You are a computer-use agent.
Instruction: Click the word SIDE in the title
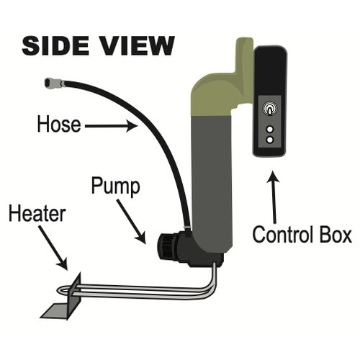(x=56, y=45)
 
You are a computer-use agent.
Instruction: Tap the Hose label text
(x=59, y=124)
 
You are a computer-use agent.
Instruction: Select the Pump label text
(x=115, y=187)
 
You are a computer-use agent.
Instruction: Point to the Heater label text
(x=37, y=213)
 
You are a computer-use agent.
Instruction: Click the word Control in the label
(x=283, y=235)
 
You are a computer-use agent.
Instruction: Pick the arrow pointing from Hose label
(x=111, y=126)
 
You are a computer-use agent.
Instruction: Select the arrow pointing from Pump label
(x=131, y=222)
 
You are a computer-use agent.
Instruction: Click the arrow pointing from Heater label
(x=53, y=248)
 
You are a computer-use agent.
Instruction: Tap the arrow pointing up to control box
(x=274, y=197)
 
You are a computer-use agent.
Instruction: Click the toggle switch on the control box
(x=270, y=109)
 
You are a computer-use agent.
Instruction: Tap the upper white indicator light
(x=270, y=129)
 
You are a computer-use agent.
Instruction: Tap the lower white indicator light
(x=270, y=140)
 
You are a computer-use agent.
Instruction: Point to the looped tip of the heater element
(x=62, y=289)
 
